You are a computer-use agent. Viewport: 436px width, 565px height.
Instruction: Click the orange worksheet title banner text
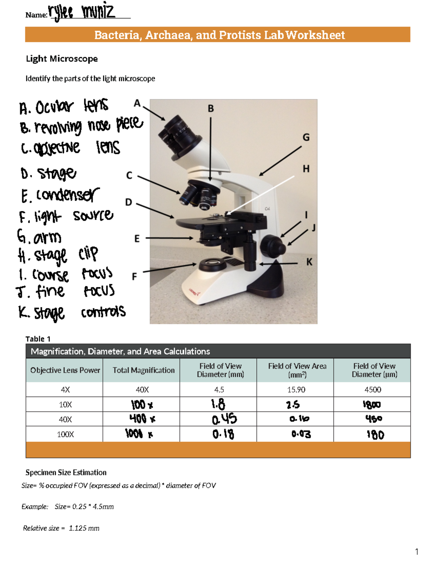pos(219,35)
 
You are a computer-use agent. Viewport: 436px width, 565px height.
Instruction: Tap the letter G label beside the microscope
pos(306,138)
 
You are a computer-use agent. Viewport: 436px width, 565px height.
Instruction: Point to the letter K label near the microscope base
pos(309,262)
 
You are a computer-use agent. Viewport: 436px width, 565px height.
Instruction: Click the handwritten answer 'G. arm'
pos(39,237)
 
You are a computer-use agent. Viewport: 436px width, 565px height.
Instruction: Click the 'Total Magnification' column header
pos(143,370)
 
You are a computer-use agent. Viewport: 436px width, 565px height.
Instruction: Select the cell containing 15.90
pos(296,390)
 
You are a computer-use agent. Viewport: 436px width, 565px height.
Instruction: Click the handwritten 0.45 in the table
pos(224,419)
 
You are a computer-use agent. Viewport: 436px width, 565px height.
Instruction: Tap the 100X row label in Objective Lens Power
pos(65,434)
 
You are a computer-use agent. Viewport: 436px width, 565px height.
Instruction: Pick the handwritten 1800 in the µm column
pos(372,405)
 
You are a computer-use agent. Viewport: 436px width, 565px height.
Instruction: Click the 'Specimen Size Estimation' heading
pos(66,473)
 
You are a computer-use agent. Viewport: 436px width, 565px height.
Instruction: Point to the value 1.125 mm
pos(84,528)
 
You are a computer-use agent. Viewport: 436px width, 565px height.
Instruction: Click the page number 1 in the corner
pos(416,552)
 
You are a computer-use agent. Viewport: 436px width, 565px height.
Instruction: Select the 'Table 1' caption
pos(38,339)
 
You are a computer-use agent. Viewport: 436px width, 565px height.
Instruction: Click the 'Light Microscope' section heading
pos(62,59)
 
